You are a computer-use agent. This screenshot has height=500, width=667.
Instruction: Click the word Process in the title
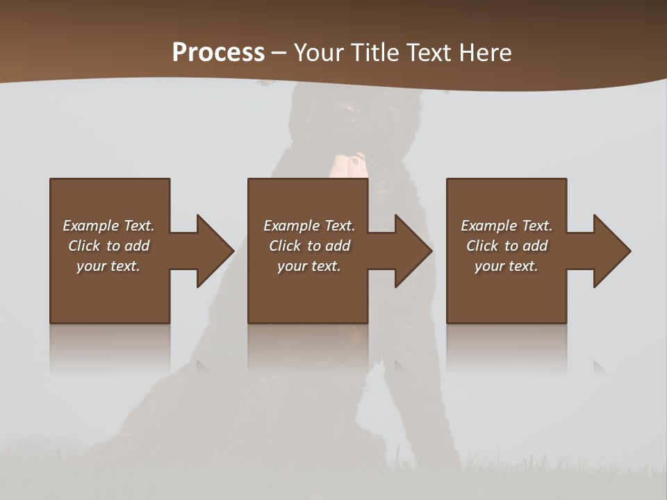218,53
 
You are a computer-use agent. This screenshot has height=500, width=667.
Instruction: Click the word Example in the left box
90,226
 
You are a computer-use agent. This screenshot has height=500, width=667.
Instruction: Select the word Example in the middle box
291,226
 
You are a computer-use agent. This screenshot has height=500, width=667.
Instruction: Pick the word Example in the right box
488,226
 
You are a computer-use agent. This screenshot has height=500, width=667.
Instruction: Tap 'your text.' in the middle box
309,266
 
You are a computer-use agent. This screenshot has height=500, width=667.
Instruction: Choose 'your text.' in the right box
507,266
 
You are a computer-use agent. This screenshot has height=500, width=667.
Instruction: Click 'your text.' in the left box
108,266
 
